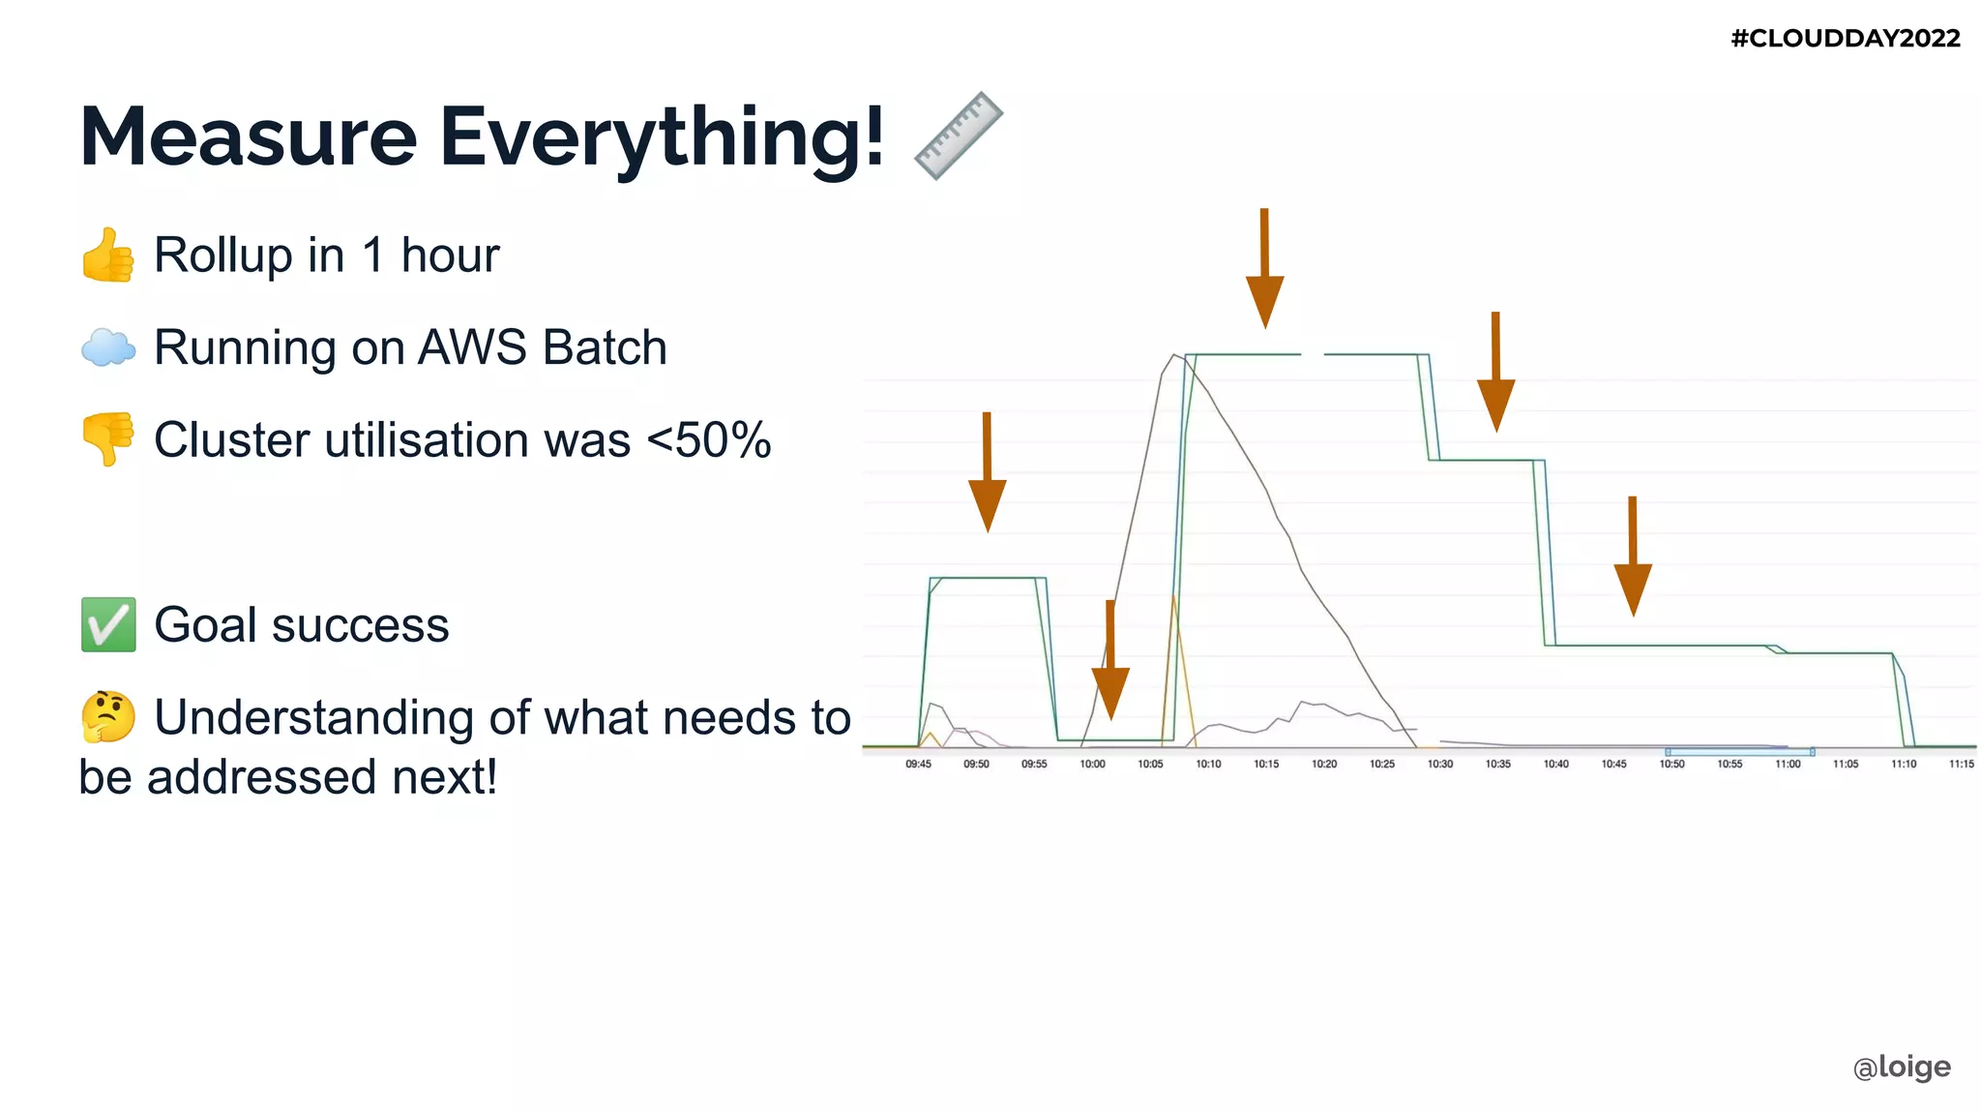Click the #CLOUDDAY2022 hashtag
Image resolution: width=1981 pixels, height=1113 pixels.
(x=1845, y=39)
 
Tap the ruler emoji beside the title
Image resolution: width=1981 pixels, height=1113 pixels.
(x=958, y=135)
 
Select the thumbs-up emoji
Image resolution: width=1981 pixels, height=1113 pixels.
(x=107, y=256)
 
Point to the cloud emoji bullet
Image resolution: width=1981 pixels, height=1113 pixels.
(x=107, y=347)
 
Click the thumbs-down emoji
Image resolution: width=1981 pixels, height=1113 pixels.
(x=107, y=439)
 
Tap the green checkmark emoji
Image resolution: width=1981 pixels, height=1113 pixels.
(x=107, y=624)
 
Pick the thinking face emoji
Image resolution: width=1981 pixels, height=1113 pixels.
(x=107, y=717)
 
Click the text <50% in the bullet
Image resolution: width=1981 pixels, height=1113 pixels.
(x=708, y=440)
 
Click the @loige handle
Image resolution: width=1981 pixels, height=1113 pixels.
(x=1901, y=1067)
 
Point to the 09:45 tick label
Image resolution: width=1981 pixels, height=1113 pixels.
(x=918, y=765)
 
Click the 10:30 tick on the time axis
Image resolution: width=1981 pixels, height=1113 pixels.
(x=1439, y=765)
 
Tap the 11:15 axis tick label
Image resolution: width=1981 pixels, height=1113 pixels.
(x=1961, y=765)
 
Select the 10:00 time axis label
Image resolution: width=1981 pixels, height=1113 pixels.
(x=1092, y=765)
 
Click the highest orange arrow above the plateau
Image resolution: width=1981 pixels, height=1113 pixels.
(x=1264, y=271)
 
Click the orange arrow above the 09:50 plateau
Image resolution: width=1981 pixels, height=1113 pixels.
(x=987, y=474)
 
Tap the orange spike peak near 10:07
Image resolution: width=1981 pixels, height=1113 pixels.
(x=1173, y=598)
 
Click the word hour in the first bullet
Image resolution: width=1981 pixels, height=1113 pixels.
(x=450, y=256)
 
